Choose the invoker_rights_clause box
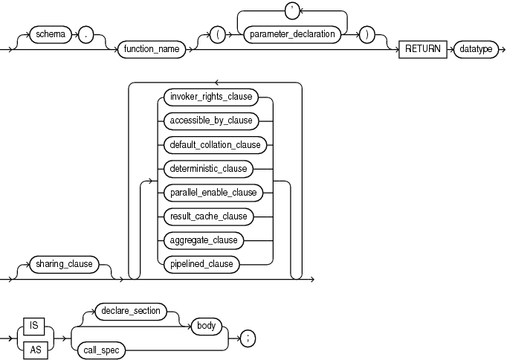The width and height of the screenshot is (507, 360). point(212,96)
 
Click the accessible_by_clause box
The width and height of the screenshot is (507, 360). point(211,120)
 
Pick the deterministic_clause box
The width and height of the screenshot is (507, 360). point(208,168)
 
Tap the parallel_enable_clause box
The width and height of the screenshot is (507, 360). point(213,192)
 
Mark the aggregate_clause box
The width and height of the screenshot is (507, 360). point(204,240)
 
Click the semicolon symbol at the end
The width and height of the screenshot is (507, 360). point(249,338)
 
